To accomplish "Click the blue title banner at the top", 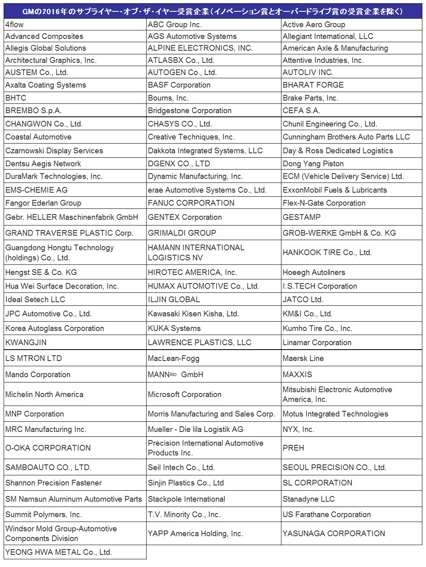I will [213, 12].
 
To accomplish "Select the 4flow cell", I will [15, 24].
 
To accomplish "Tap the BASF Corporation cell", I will [179, 85].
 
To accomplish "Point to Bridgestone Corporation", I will [190, 111].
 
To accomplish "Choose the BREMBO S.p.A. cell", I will [34, 111].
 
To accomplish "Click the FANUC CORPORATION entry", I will [191, 203].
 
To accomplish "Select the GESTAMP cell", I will [302, 217].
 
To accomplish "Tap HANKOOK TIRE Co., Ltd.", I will [327, 252].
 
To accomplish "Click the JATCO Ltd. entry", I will [303, 300].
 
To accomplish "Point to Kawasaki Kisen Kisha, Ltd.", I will [193, 314].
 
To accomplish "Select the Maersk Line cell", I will [303, 359].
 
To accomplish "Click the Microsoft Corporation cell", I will [185, 395].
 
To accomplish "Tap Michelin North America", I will [44, 395].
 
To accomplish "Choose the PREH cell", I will [293, 448].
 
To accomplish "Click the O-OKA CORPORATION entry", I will [48, 448].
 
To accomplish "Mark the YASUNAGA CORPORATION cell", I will [334, 534].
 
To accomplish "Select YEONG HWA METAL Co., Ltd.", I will [58, 552].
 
